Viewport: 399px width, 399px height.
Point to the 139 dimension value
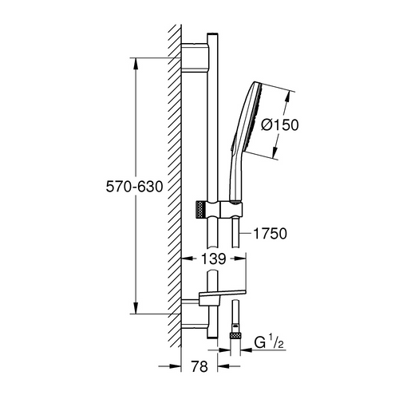click(x=210, y=259)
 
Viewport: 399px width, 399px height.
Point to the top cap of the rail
click(x=211, y=38)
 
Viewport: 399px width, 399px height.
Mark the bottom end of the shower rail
click(x=211, y=339)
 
